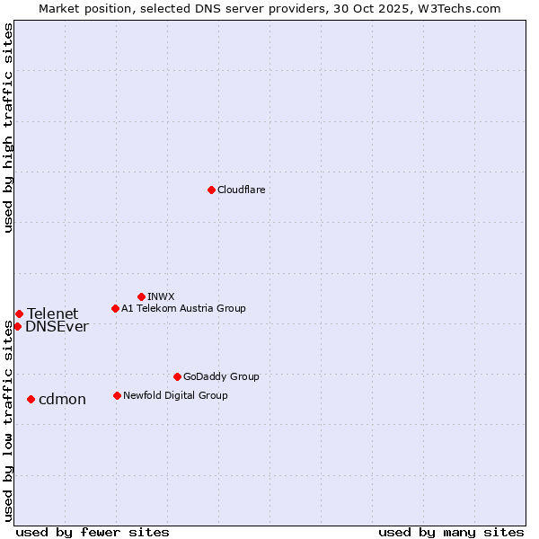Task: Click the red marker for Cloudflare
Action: [x=211, y=190]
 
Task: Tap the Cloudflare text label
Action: [x=242, y=190]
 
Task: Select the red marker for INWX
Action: [x=141, y=296]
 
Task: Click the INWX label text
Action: [x=161, y=296]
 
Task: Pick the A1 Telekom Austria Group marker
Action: [x=115, y=308]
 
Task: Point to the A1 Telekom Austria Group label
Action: [x=183, y=308]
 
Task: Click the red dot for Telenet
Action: [x=19, y=314]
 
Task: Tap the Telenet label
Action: [x=52, y=314]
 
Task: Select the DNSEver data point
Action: [x=17, y=326]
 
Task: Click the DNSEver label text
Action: [x=57, y=327]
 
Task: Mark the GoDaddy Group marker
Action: [x=177, y=376]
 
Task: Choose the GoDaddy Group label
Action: [x=221, y=376]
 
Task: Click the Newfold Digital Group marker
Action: [x=117, y=395]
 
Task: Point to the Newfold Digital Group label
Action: [x=175, y=395]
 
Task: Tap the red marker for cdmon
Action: [x=31, y=399]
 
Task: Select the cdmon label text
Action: [x=62, y=400]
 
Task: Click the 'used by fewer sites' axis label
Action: [x=93, y=532]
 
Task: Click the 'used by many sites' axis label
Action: [x=451, y=532]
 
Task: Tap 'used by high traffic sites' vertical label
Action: [x=8, y=128]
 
